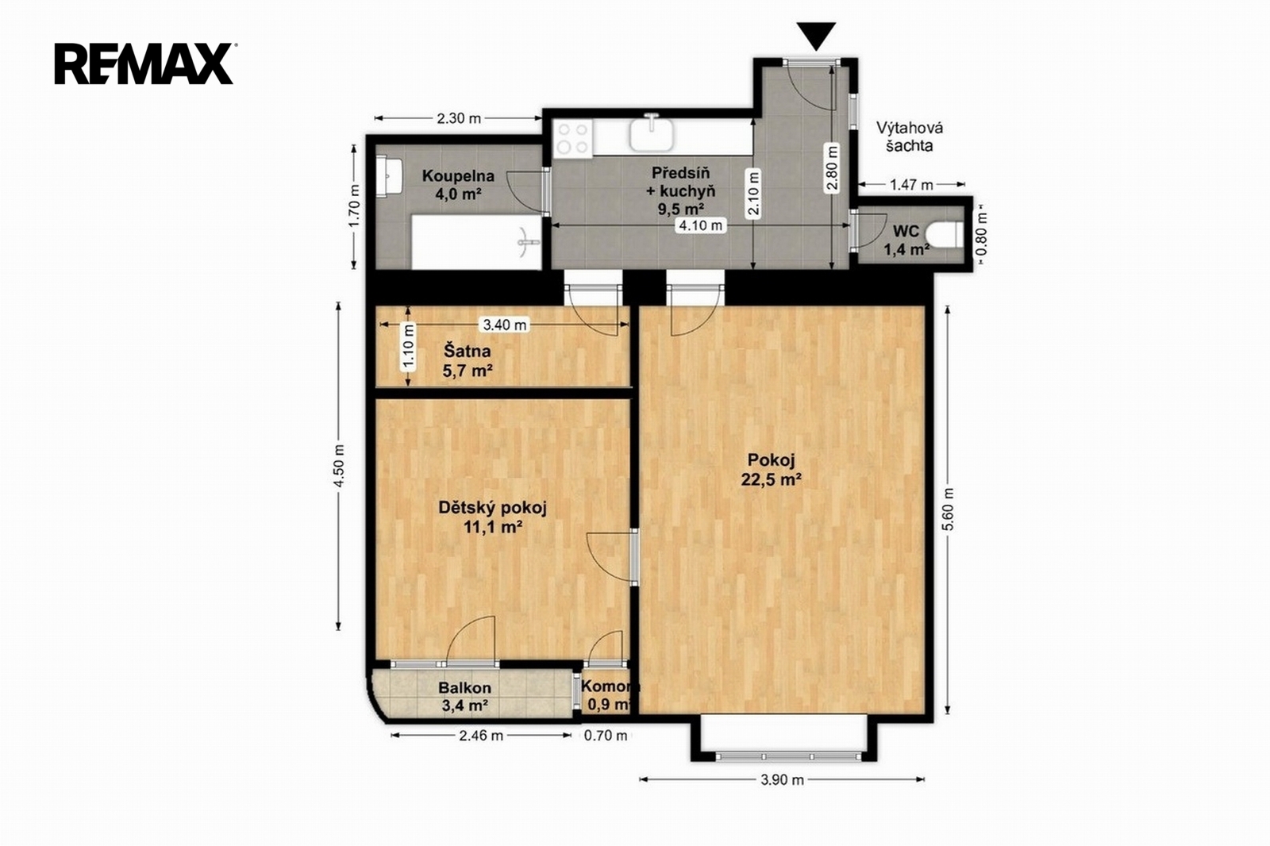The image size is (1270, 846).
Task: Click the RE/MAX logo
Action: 144,63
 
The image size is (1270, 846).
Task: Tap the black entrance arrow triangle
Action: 816,35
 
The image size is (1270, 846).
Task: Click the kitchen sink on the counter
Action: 652,135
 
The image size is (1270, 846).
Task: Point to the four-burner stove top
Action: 572,138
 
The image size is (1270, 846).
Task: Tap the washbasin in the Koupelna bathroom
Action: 389,176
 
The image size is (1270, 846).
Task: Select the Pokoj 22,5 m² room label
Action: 771,469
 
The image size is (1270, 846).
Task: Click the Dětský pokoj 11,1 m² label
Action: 492,517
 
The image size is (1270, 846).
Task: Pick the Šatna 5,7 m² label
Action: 467,360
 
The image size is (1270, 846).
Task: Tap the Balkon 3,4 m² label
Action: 464,696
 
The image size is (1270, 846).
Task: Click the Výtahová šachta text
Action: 910,137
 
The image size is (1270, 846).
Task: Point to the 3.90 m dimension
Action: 782,779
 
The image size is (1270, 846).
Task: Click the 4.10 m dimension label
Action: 701,225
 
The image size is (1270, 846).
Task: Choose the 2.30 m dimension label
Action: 459,118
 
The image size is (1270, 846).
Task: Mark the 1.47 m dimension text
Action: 911,184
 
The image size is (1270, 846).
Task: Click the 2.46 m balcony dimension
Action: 481,736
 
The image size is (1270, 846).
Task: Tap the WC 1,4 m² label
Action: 906,240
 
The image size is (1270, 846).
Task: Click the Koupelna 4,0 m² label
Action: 458,185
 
